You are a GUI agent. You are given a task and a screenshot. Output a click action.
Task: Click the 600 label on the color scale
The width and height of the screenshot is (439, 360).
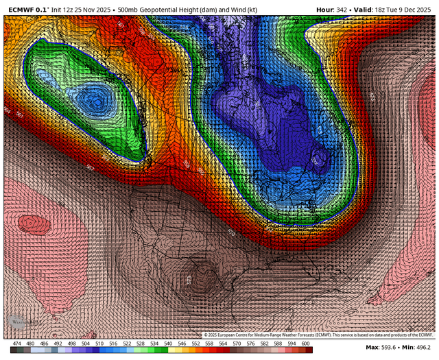[306, 343]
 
